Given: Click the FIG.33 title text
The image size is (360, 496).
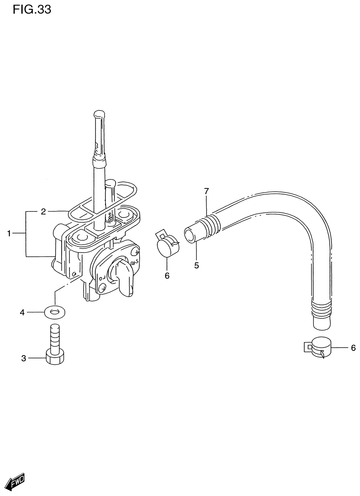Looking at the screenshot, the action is click(x=32, y=10).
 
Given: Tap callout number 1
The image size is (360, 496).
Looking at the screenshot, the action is click(x=9, y=233).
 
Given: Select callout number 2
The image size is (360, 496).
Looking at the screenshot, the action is click(x=43, y=212).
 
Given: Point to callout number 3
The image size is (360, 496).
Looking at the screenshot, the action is click(x=24, y=358).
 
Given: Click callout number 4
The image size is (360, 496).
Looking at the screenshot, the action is click(x=22, y=313).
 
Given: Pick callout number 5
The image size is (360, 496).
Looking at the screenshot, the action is click(x=197, y=265).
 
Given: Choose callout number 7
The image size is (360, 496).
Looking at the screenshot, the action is click(x=206, y=191).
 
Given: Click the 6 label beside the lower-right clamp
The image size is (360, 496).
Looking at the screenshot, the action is click(x=353, y=348).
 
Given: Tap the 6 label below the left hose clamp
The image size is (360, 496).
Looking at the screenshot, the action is click(x=167, y=276).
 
